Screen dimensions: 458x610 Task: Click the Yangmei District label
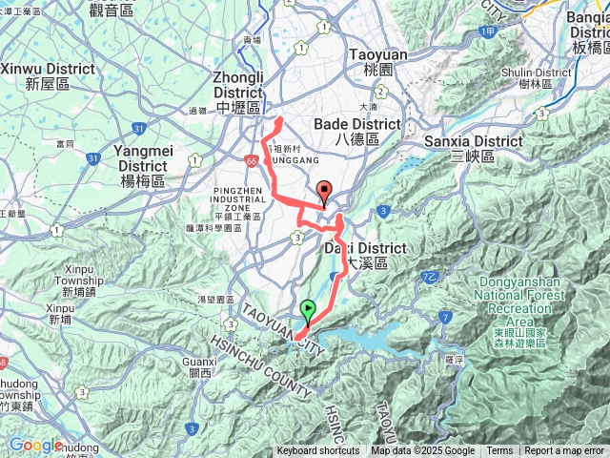point(143,164)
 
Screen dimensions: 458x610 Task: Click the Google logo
point(34,445)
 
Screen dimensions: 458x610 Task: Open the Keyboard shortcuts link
point(318,451)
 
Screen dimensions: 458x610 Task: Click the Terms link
point(499,451)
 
